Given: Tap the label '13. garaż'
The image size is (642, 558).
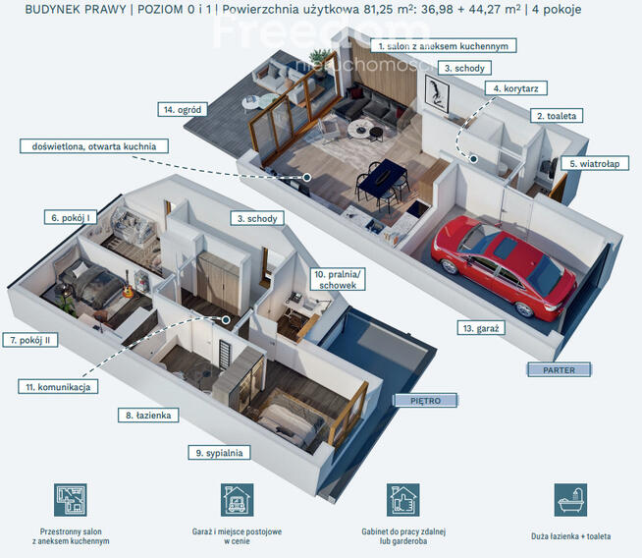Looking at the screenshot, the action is [481, 328].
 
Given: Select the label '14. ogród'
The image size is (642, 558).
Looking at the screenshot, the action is [183, 109].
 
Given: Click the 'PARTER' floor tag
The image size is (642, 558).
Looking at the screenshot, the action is [559, 370].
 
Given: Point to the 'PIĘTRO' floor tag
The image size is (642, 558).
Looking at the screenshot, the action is [425, 400].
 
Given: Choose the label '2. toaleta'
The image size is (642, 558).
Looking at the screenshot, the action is [557, 116].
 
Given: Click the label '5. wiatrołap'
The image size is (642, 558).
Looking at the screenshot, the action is [595, 163].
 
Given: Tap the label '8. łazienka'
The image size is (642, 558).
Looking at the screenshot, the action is [148, 415].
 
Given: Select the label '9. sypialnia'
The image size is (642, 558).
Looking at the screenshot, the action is [219, 453].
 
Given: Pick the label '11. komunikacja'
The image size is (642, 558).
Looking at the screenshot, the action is [58, 387].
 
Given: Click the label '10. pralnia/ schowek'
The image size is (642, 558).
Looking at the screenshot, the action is [338, 279].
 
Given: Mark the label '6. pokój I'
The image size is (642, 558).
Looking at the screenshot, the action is [71, 217].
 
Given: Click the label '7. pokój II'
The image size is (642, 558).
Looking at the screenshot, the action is [29, 340].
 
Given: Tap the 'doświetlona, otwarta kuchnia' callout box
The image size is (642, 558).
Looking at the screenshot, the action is [94, 146].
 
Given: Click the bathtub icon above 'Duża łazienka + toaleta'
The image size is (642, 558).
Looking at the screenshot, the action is [570, 500].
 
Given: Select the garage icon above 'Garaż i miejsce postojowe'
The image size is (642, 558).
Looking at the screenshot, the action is [237, 500].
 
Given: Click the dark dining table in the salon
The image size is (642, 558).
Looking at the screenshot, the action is [383, 175].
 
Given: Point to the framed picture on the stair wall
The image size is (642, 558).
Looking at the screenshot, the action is [437, 94].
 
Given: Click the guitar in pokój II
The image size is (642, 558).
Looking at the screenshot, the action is [128, 286].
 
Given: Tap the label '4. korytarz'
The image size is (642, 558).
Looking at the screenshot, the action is [516, 88].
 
